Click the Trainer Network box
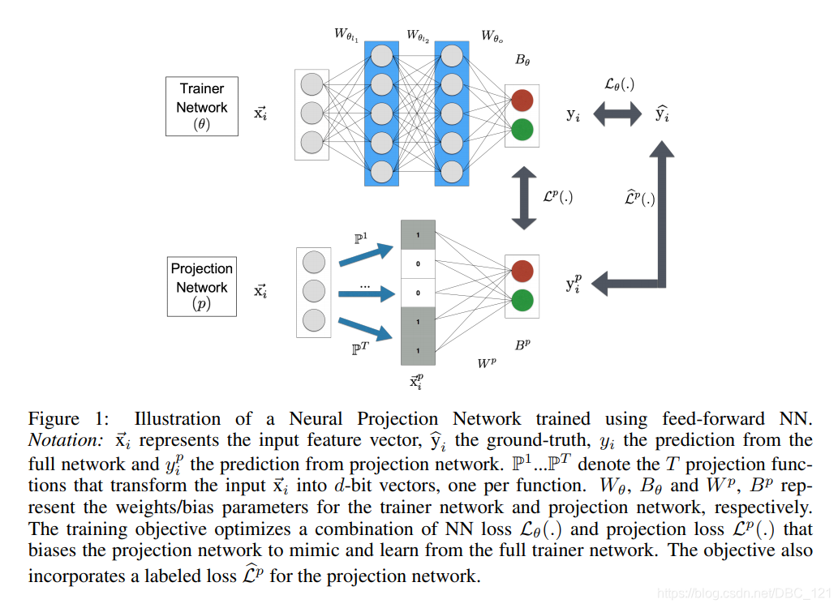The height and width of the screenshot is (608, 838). click(x=202, y=106)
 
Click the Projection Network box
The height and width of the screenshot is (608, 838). click(x=202, y=286)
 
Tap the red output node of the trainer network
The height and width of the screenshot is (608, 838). click(x=522, y=101)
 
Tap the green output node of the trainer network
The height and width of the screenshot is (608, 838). click(x=522, y=128)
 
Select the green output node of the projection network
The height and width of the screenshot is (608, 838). click(x=522, y=299)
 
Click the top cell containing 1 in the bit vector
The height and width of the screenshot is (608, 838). click(x=418, y=234)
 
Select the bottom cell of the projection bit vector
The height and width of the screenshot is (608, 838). click(x=418, y=351)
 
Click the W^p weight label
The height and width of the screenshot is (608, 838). click(x=488, y=363)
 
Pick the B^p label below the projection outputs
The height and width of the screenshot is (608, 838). click(x=523, y=345)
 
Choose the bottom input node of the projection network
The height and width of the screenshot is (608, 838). click(x=312, y=318)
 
